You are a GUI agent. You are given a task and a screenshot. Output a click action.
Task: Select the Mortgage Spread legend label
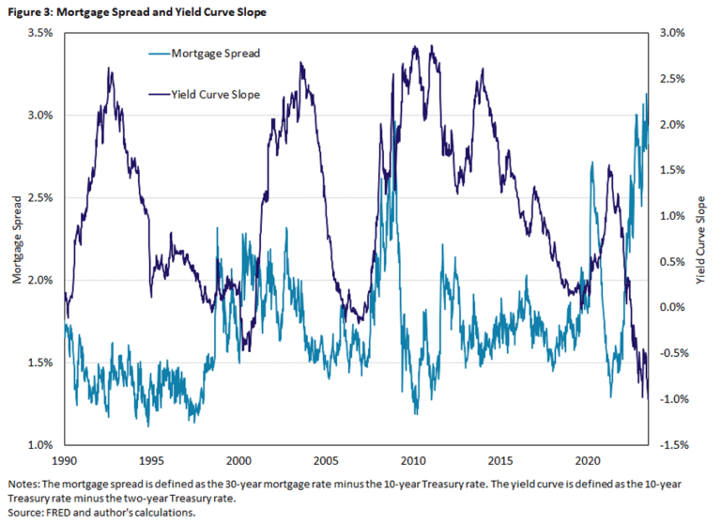click(x=216, y=54)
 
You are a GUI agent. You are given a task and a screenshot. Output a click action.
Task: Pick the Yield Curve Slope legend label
click(x=215, y=94)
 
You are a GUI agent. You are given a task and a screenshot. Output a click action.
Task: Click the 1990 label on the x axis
click(x=64, y=461)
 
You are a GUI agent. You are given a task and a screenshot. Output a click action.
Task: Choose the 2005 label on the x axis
click(x=326, y=461)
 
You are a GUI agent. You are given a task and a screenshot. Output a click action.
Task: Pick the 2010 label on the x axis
click(x=413, y=461)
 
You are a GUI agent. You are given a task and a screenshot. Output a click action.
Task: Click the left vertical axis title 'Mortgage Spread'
click(x=17, y=239)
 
